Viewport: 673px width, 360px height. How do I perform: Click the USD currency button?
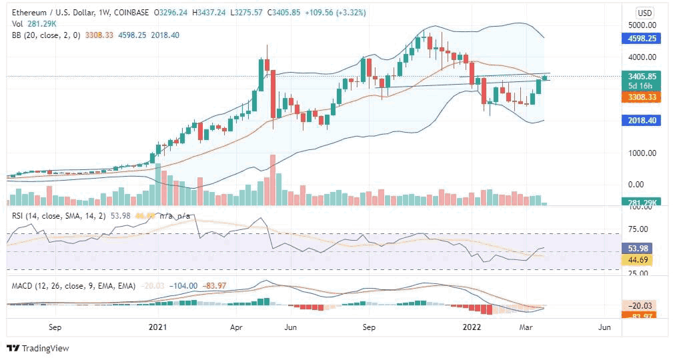tap(644, 13)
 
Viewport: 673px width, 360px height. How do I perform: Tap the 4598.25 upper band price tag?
tap(642, 39)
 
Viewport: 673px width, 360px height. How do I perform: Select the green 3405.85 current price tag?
tap(642, 76)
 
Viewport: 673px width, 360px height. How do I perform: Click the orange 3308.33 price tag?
tap(642, 97)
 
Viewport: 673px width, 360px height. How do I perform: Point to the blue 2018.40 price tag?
tap(642, 121)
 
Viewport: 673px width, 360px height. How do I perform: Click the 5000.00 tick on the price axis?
tap(642, 25)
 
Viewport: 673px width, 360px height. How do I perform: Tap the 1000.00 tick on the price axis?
tap(642, 153)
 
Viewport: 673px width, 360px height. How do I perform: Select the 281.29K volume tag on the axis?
tap(642, 202)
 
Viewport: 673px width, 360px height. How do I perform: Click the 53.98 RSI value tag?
tap(642, 247)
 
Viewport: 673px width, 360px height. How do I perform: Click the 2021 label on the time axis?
tap(158, 327)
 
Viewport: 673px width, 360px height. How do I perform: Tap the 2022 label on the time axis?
tap(472, 327)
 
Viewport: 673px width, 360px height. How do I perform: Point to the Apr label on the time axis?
tap(235, 327)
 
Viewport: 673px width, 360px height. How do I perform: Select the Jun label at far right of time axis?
tap(604, 327)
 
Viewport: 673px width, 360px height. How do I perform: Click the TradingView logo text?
tap(45, 349)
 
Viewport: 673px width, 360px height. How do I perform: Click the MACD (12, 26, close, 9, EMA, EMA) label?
tap(73, 285)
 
